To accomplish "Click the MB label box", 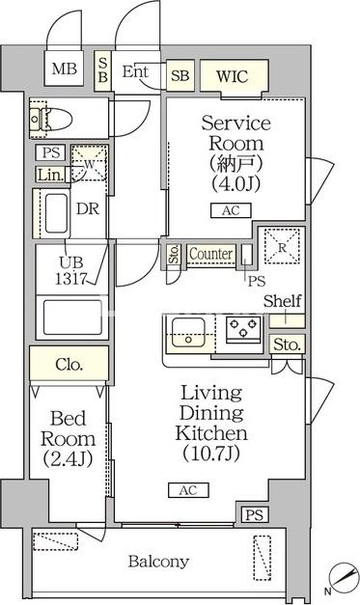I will click(65, 69).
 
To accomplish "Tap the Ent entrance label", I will click(134, 70).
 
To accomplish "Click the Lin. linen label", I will click(49, 175).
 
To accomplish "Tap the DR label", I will click(85, 208).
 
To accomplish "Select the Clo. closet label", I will click(68, 365).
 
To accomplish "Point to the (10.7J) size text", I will click(210, 453).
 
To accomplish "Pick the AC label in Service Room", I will click(230, 211).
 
